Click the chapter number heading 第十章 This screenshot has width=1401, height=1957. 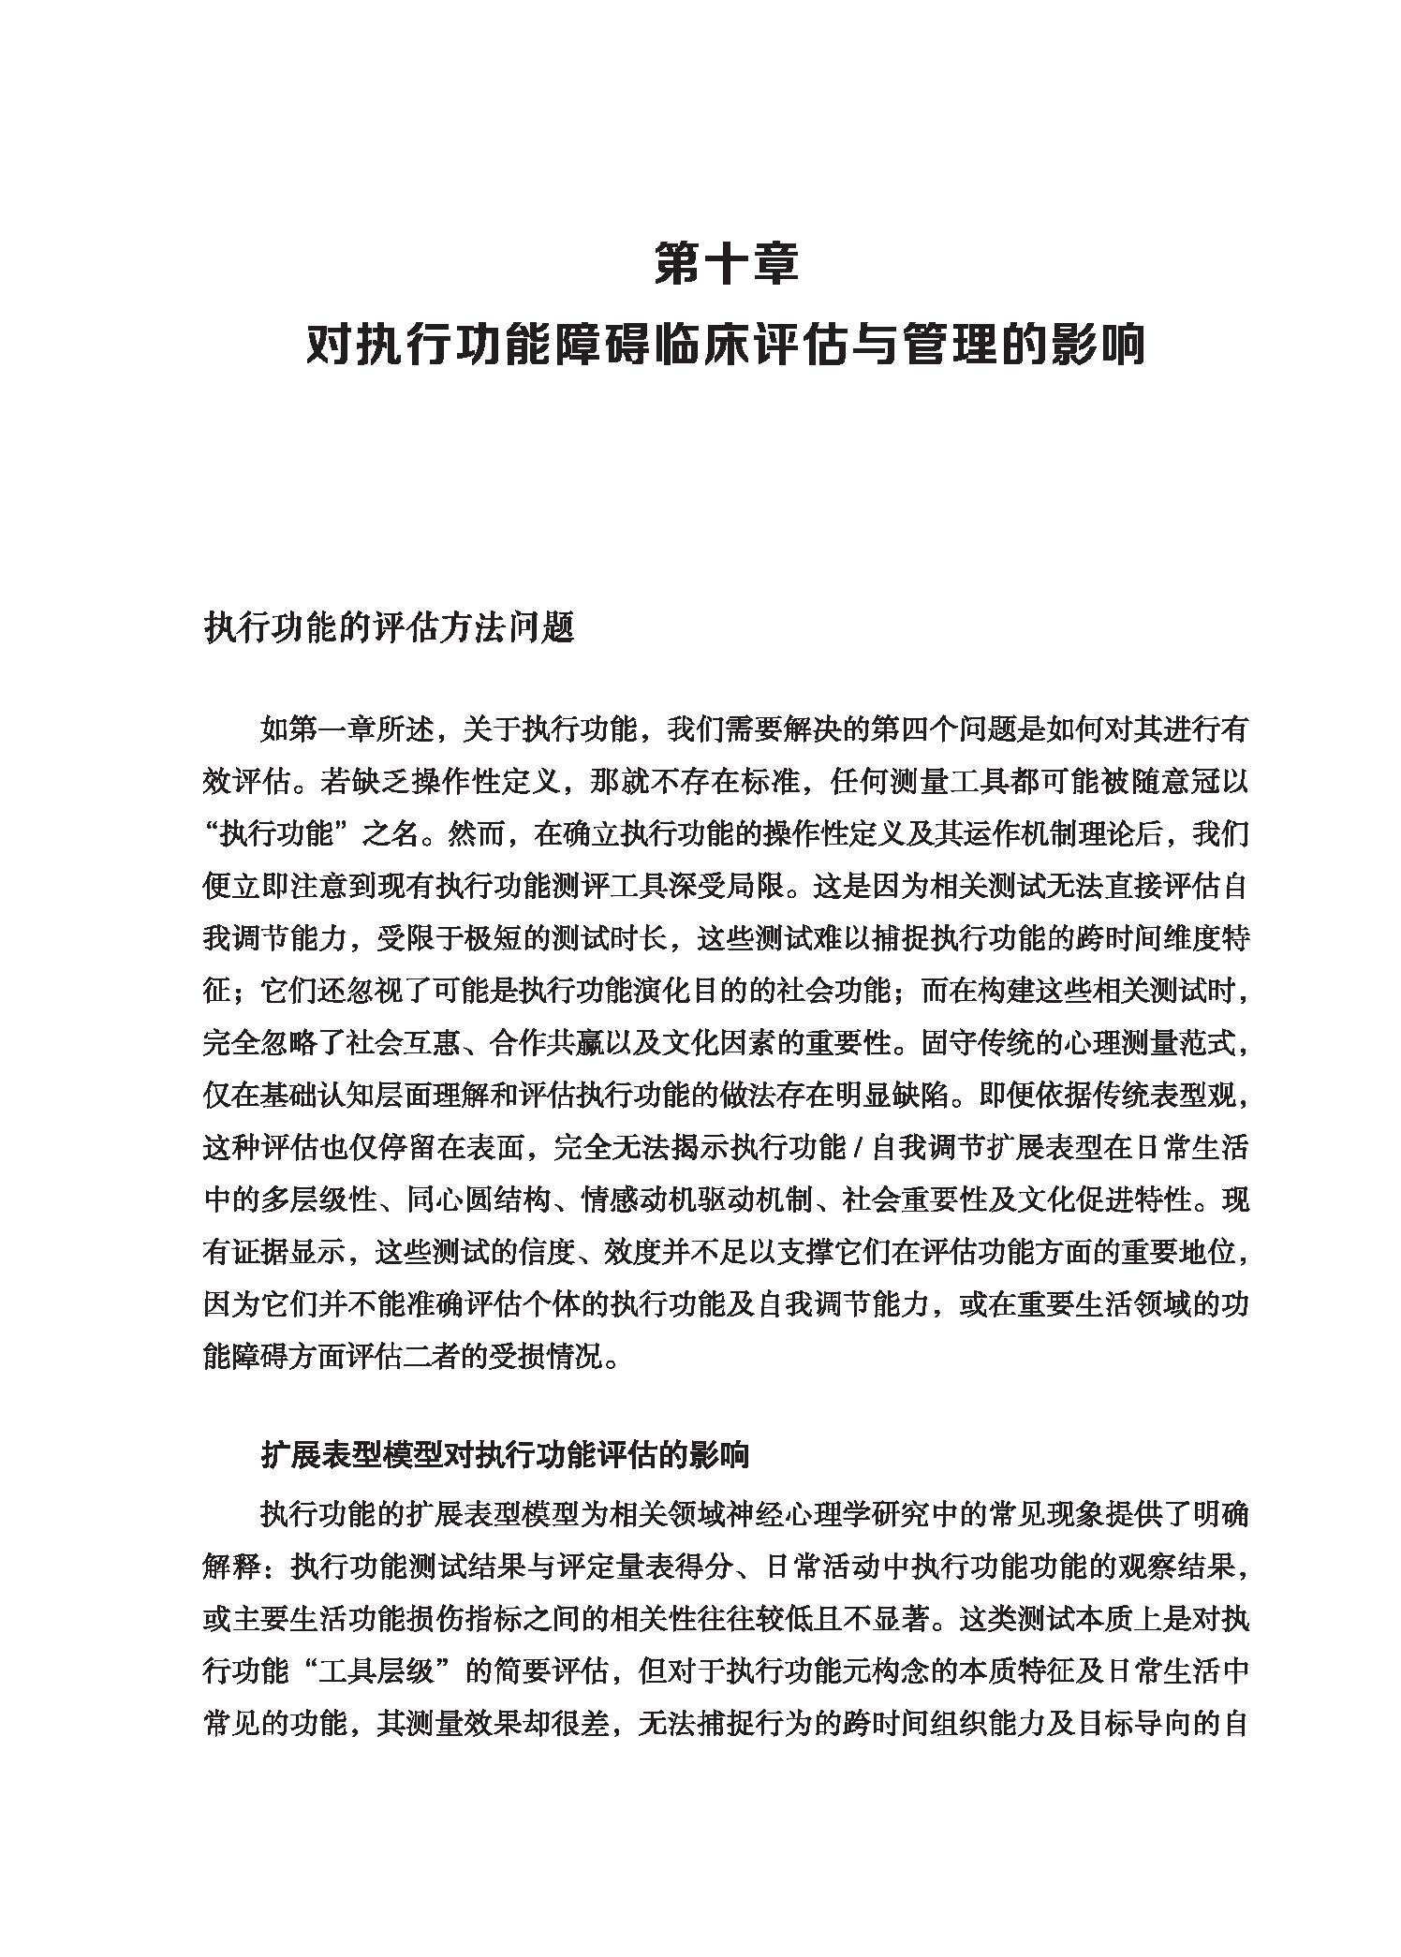tap(726, 265)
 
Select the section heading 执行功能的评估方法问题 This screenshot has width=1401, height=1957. tap(388, 628)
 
